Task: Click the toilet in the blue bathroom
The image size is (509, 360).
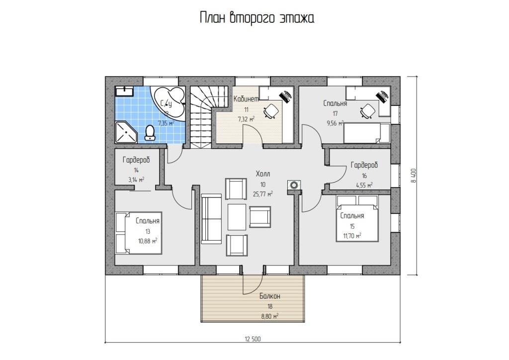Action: coord(150,133)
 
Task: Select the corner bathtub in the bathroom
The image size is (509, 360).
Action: coord(169,103)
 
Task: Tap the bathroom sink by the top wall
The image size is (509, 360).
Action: coord(124,91)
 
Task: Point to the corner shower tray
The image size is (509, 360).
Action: coord(126,132)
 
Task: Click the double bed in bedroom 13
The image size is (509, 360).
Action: coord(139,233)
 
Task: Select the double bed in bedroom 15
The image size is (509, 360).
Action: coord(357,218)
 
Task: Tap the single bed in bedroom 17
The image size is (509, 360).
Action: coord(367,133)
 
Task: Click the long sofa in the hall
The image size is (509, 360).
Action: coord(211,218)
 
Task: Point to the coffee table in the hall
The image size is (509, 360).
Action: coord(237,217)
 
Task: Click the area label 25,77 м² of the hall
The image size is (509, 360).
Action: coord(262,194)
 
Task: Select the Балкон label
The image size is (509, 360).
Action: coord(270,296)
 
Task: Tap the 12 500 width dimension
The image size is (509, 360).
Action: coord(253,339)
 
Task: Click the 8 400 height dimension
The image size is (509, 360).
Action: coord(414,176)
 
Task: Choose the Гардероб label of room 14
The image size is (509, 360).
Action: coord(136,160)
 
